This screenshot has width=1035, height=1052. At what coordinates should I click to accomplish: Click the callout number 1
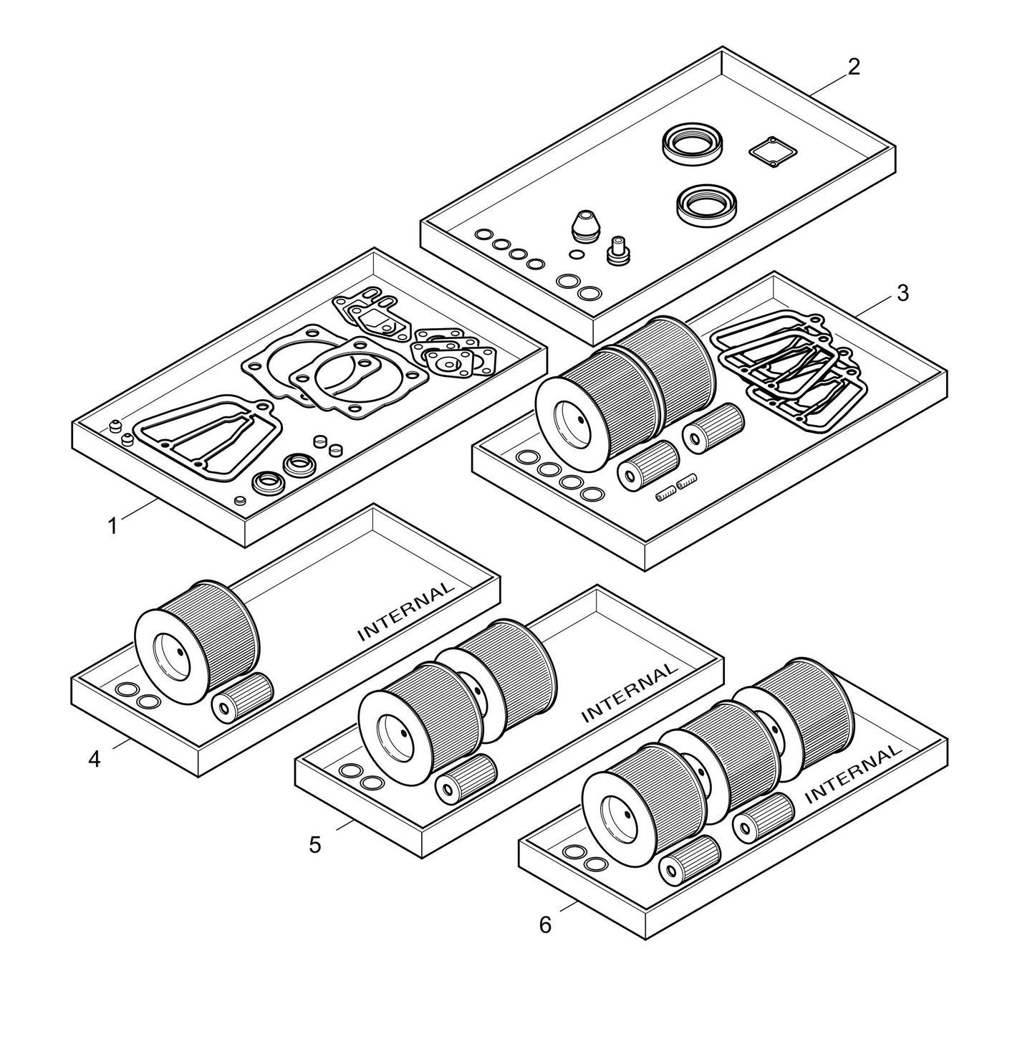coord(112,526)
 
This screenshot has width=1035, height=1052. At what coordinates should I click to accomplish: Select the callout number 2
coord(853,67)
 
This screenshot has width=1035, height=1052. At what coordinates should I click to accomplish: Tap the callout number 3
coord(902,293)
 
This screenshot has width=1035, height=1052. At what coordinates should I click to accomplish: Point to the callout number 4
coord(95,758)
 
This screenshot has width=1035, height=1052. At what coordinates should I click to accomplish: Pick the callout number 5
coord(315,844)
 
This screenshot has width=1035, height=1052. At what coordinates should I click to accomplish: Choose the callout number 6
coord(545,925)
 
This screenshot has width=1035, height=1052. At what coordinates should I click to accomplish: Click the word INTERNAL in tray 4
coord(405,611)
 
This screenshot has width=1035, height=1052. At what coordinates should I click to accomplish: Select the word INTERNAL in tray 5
coord(629,692)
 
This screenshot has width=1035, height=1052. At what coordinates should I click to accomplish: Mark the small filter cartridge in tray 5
coord(466,777)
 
